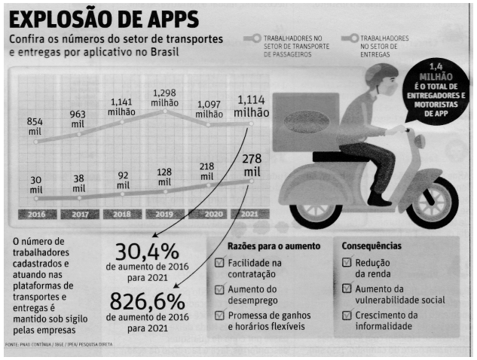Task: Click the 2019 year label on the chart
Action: point(164,214)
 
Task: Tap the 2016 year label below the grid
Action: point(37,214)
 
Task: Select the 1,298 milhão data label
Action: point(164,98)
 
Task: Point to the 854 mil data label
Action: point(35,127)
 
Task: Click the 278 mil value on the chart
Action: point(252,166)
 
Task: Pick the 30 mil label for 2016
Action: point(36,185)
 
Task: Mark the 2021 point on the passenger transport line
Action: point(251,124)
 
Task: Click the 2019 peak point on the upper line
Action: point(165,111)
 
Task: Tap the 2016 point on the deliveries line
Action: point(36,199)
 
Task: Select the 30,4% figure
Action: point(147,252)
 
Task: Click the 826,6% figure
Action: point(147,301)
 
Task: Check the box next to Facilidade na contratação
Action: point(219,262)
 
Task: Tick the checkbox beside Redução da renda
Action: point(347,262)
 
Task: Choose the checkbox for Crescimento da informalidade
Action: point(347,315)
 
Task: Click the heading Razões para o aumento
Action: point(274,246)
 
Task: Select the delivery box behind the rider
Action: point(306,122)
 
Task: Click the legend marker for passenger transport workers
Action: point(252,38)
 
